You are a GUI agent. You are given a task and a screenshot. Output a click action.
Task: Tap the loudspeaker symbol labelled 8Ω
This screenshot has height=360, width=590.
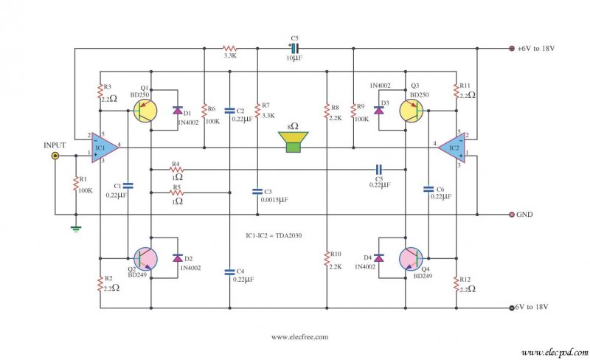pyautogui.click(x=294, y=142)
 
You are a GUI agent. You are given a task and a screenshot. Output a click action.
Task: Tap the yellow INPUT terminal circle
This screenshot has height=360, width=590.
pyautogui.click(x=55, y=156)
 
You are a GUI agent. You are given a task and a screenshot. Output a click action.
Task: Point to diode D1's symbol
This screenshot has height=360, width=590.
pyautogui.click(x=177, y=111)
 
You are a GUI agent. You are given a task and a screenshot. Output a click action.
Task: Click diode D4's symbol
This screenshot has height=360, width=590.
pyautogui.click(x=379, y=257)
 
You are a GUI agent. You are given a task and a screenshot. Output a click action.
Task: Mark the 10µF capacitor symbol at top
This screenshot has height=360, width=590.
pyautogui.click(x=294, y=49)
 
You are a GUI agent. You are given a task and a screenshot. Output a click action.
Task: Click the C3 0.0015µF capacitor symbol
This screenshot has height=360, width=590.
pyautogui.click(x=257, y=192)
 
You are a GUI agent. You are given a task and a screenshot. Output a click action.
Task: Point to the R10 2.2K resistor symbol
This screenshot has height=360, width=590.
pyautogui.click(x=326, y=259)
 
